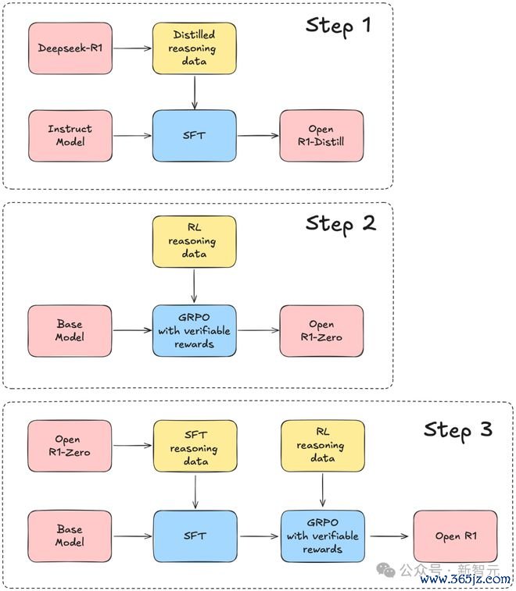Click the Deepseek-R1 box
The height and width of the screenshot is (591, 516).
(x=70, y=48)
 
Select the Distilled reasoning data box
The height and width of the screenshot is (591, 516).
(x=195, y=48)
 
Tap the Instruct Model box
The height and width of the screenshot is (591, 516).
(x=70, y=136)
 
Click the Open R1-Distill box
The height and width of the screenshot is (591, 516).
(x=321, y=136)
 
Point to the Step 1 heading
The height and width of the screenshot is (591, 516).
(x=339, y=27)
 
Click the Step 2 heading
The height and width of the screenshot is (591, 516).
(x=340, y=224)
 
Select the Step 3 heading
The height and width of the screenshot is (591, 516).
(x=458, y=430)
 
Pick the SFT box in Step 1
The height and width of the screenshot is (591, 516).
(x=195, y=136)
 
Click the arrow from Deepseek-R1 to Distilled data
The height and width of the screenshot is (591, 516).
(x=132, y=48)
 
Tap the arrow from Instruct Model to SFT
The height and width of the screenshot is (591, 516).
(x=132, y=136)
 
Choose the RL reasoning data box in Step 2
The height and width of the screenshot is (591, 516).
(x=195, y=241)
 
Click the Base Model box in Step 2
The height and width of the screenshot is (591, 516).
(x=70, y=330)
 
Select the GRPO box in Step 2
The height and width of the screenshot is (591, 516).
(x=195, y=330)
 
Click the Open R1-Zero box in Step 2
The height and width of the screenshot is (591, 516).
(x=321, y=330)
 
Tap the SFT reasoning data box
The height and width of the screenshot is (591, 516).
(x=195, y=446)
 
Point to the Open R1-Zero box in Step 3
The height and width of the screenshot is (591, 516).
(x=70, y=446)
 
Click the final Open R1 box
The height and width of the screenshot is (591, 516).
(x=456, y=536)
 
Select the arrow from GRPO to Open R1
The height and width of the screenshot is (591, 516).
(x=389, y=536)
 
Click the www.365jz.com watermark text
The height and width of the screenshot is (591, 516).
(x=465, y=579)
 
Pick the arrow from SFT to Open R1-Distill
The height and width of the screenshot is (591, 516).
(x=258, y=136)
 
